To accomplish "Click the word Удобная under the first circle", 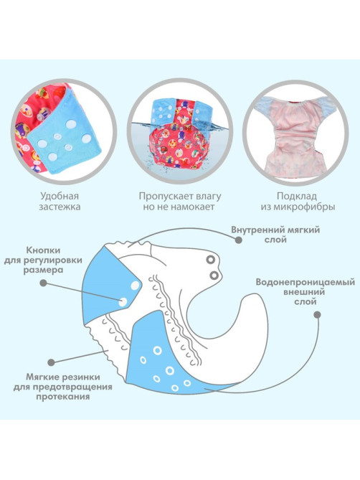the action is click(60, 196).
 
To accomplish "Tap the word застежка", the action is click(60, 207).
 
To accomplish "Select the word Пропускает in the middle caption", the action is click(164, 196).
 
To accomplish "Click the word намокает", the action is click(192, 207).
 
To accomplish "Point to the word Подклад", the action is click(297, 196).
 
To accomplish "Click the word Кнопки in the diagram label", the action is click(43, 250).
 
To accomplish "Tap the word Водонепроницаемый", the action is click(305, 282).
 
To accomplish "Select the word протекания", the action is click(62, 397).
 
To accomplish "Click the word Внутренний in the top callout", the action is click(256, 230).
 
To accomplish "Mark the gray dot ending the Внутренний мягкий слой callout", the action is click(239, 240).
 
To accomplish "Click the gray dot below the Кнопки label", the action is click(44, 283).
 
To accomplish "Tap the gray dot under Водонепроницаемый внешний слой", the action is click(318, 314).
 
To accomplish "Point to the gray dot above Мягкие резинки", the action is click(52, 362).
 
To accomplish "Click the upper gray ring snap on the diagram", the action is click(210, 260).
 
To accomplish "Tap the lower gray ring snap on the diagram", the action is click(214, 276).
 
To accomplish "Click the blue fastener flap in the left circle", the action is click(65, 135).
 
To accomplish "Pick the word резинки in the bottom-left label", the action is click(80, 377).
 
